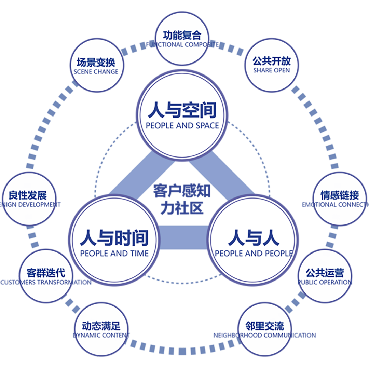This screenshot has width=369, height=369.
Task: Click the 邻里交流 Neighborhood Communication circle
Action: (x=265, y=330)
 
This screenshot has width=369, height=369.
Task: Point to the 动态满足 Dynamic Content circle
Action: (x=101, y=330)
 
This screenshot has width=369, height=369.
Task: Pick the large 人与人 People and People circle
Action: (x=254, y=243)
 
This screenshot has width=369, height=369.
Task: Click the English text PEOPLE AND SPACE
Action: (x=182, y=126)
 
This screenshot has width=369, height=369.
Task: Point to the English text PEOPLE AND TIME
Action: (x=114, y=254)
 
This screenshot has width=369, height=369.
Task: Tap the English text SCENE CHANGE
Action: (x=96, y=72)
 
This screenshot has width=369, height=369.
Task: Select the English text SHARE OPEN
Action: (x=272, y=70)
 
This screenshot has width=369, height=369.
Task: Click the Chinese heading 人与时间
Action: (x=114, y=237)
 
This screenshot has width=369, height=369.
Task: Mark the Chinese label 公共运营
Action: (x=325, y=273)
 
